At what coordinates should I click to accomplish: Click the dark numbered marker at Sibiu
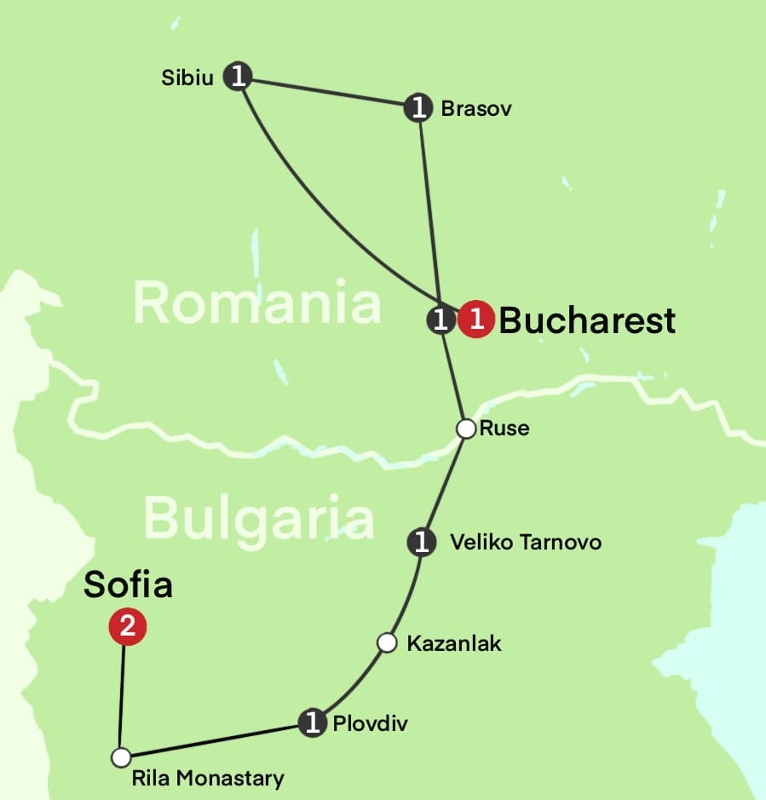[238, 77]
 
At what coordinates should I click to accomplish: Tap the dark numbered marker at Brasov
[418, 107]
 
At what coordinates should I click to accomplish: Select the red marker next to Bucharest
[476, 319]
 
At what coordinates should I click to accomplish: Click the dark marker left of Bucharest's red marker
[440, 319]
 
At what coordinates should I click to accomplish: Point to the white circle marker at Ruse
[465, 429]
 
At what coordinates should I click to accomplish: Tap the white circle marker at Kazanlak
[387, 642]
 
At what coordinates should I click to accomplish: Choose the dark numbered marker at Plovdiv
[314, 723]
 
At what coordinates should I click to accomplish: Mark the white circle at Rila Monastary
[121, 757]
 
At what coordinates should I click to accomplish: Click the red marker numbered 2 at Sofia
[127, 628]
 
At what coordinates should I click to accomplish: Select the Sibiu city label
[187, 78]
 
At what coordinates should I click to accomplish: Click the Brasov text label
[476, 109]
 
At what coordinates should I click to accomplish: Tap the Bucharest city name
[587, 320]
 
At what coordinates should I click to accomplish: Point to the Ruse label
[504, 428]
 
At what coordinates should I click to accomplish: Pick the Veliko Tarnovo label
[526, 542]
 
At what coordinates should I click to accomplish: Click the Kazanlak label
[454, 643]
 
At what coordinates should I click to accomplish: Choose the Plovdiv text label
[370, 724]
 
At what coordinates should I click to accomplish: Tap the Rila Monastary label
[208, 778]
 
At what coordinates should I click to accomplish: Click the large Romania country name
[256, 302]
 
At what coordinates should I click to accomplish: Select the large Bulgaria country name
[258, 516]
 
